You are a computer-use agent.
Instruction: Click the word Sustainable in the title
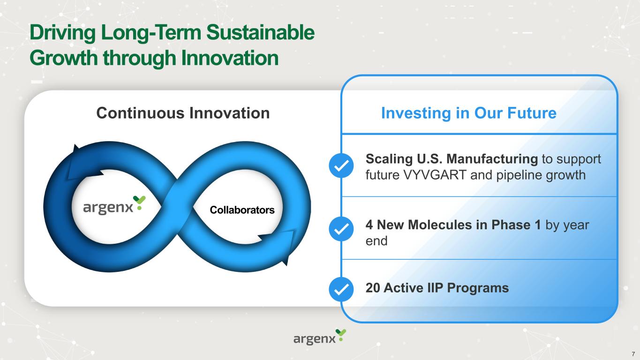[260, 32]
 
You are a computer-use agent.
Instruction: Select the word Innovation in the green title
[230, 58]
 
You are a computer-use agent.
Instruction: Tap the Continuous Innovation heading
[183, 113]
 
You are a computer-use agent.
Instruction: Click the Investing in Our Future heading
[469, 113]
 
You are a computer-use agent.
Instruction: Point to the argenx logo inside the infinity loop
[114, 205]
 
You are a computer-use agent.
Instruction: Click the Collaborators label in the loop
[242, 210]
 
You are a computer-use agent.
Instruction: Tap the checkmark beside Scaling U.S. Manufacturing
[341, 165]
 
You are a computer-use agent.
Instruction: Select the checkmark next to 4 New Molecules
[341, 229]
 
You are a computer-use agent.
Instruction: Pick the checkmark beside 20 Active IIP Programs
[341, 289]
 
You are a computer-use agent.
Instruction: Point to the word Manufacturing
[492, 159]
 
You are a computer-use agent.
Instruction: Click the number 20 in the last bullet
[373, 288]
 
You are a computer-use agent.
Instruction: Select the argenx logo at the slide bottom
[320, 337]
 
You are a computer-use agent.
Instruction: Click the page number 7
[633, 354]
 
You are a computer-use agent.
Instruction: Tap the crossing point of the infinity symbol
[177, 207]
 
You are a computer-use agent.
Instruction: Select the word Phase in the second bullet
[511, 225]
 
